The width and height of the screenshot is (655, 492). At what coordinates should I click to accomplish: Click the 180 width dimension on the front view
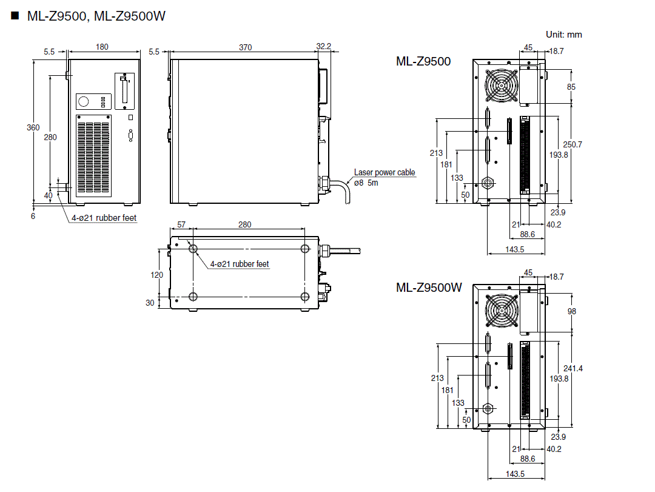[x=102, y=47]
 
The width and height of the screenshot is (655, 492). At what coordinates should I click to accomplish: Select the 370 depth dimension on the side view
[x=245, y=47]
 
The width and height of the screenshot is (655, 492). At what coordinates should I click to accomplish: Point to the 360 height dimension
[x=33, y=127]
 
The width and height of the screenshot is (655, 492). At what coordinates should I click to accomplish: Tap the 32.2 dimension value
[x=324, y=47]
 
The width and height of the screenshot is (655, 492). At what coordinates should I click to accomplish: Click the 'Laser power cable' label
[x=385, y=172]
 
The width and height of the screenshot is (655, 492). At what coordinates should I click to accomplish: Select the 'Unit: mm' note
[x=563, y=35]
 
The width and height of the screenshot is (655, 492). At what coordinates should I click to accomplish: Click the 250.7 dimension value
[x=572, y=144]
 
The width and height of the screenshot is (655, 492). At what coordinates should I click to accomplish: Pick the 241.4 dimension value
[x=572, y=368]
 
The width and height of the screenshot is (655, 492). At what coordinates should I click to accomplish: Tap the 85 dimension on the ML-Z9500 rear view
[x=571, y=87]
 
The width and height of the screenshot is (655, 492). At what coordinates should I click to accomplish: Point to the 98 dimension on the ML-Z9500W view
[x=571, y=311]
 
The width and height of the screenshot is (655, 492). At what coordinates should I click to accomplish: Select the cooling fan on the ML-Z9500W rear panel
[x=502, y=309]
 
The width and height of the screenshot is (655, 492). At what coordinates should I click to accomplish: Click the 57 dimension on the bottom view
[x=181, y=224]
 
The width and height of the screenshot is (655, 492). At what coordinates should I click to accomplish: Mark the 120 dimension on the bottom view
[x=156, y=274]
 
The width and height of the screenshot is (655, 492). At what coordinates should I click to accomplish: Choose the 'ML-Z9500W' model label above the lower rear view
[x=429, y=287]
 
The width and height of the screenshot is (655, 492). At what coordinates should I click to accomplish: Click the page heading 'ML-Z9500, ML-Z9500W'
[x=96, y=16]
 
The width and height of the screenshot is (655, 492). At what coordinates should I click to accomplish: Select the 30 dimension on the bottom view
[x=150, y=303]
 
